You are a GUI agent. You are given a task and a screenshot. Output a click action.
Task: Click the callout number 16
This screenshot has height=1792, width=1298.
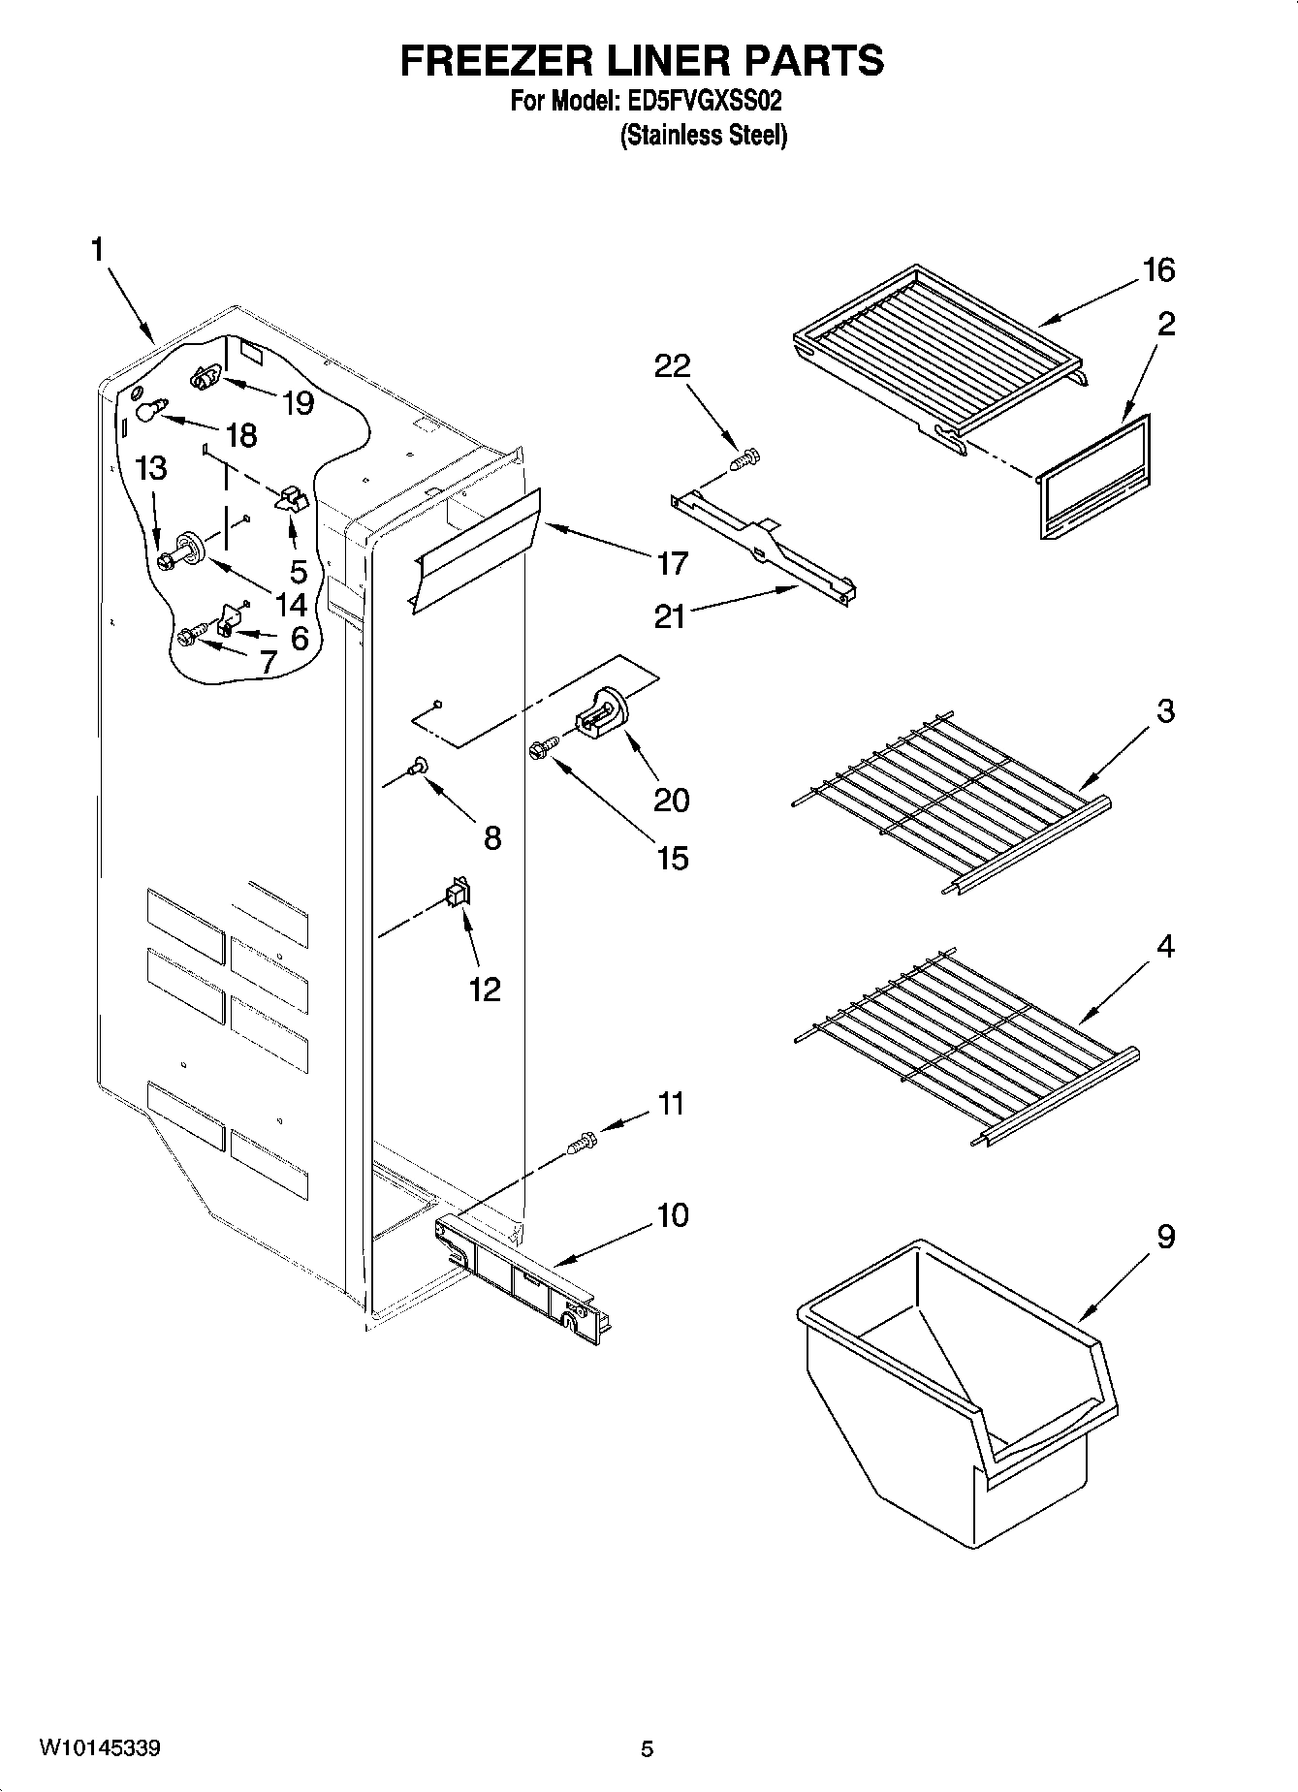(1157, 270)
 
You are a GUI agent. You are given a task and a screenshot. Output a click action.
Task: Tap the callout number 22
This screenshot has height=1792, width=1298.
(672, 365)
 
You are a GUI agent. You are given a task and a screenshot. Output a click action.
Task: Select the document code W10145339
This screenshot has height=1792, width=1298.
(100, 1748)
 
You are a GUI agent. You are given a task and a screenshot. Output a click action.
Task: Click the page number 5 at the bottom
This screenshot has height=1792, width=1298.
(648, 1749)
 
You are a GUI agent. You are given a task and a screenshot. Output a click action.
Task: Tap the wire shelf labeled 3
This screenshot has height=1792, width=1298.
(950, 804)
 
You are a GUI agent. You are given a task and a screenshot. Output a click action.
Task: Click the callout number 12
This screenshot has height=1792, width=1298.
(485, 989)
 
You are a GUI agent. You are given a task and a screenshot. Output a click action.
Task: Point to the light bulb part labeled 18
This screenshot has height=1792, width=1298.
(147, 411)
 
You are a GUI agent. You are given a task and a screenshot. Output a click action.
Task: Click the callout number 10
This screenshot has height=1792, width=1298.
(672, 1214)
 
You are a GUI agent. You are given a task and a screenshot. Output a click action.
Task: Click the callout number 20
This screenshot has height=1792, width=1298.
(672, 800)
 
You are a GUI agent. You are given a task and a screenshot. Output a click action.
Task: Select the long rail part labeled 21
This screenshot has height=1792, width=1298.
(766, 548)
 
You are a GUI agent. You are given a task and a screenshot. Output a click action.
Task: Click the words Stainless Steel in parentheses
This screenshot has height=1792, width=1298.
(704, 136)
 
